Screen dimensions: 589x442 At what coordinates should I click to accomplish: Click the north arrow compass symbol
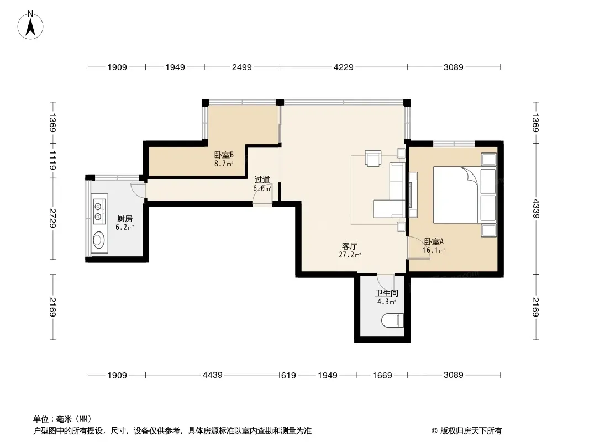(30, 25)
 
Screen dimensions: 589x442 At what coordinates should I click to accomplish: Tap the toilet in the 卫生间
(392, 320)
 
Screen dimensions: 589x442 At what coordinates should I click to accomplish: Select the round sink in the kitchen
(99, 240)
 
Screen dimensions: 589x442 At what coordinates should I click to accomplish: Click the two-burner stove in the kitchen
(98, 212)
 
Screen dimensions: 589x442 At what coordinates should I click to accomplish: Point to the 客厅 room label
(349, 246)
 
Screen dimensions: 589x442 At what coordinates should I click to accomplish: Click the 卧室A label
(434, 241)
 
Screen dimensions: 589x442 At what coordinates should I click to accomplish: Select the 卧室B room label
(224, 155)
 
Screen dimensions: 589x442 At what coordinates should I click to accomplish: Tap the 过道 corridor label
(262, 180)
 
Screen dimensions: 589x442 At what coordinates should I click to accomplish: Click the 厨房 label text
(125, 219)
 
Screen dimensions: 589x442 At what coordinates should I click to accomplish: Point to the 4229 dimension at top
(343, 67)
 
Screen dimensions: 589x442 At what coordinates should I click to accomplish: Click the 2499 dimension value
(241, 67)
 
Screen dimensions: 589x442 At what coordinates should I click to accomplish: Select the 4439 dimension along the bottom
(213, 375)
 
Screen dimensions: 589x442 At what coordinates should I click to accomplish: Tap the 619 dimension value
(288, 375)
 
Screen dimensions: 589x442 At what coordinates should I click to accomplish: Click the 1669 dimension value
(382, 375)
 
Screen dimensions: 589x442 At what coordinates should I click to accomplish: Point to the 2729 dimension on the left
(52, 218)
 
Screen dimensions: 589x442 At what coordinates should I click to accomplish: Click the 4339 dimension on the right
(535, 209)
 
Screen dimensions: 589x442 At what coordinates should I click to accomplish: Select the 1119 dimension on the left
(52, 160)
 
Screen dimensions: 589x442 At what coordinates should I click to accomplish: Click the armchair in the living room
(373, 157)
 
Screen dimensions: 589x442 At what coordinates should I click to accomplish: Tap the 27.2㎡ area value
(350, 255)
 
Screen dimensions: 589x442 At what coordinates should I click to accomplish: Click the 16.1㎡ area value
(434, 250)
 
